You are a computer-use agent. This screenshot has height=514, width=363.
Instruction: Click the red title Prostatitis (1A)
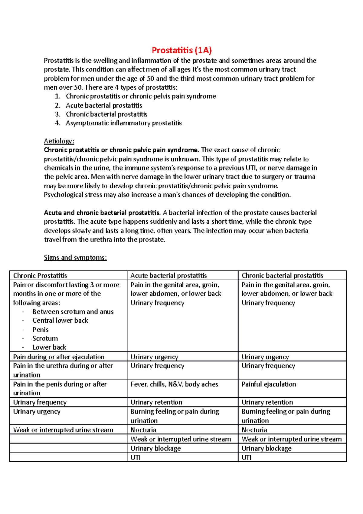[x=181, y=50]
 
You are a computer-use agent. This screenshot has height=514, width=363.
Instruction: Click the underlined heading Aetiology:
[x=59, y=141]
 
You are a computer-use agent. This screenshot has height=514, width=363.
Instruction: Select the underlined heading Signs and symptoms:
[x=75, y=258]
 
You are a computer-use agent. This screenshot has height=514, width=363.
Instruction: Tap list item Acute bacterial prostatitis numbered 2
[x=104, y=105]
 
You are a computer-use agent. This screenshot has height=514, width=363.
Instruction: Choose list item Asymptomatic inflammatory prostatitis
[x=123, y=123]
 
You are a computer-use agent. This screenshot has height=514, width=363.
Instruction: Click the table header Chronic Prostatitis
[x=40, y=275]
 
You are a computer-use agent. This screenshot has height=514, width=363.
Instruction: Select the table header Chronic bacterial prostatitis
[x=282, y=275]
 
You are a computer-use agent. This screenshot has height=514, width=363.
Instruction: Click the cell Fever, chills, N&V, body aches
[x=174, y=384]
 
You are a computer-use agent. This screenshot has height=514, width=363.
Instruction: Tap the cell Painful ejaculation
[x=269, y=384]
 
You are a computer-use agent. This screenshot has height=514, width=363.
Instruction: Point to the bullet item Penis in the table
[x=41, y=330]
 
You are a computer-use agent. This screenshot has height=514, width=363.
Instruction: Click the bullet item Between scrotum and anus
[x=73, y=312]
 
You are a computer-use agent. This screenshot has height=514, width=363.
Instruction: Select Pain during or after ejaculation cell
[x=59, y=357]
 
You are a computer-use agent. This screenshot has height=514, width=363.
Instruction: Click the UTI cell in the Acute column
[x=136, y=457]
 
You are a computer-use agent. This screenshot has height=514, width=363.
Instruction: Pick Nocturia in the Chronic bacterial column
[x=254, y=430]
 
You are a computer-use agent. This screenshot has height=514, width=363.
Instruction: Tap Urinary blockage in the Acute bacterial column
[x=155, y=448]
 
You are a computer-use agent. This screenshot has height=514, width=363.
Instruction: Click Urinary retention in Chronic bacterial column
[x=267, y=402]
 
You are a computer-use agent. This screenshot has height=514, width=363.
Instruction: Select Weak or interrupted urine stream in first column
[x=63, y=430]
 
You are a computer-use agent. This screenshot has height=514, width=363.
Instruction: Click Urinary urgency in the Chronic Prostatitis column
[x=37, y=412]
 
